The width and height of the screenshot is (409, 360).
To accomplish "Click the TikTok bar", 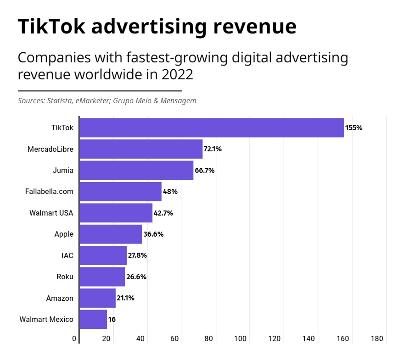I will coord(212,127).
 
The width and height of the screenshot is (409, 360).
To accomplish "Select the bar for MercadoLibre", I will coord(141,149).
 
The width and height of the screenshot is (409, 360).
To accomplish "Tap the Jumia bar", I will coord(136,170).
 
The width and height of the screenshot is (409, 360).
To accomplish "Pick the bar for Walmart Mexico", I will coord(93,319).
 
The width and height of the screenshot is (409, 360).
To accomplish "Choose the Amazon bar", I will coord(97,298).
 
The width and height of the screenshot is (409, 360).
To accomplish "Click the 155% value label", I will coord(354,128).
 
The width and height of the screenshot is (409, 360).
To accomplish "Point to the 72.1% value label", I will coord(213,149).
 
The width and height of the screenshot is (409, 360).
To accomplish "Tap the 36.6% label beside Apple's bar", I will coord(153,234).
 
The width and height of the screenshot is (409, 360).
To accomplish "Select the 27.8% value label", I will coord(137,255).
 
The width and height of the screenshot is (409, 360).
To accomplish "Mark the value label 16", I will coord(112,319).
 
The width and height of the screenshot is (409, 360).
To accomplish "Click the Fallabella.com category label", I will coord(49,191).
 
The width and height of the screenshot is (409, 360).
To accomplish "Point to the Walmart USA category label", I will coord(51,213).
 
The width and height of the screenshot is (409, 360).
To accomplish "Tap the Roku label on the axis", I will coord(65,277).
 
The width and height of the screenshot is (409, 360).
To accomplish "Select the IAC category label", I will coord(67,255).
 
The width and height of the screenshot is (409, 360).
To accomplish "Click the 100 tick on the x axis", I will coord(241,339).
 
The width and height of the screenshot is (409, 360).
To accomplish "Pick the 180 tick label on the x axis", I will coord(376,339).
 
